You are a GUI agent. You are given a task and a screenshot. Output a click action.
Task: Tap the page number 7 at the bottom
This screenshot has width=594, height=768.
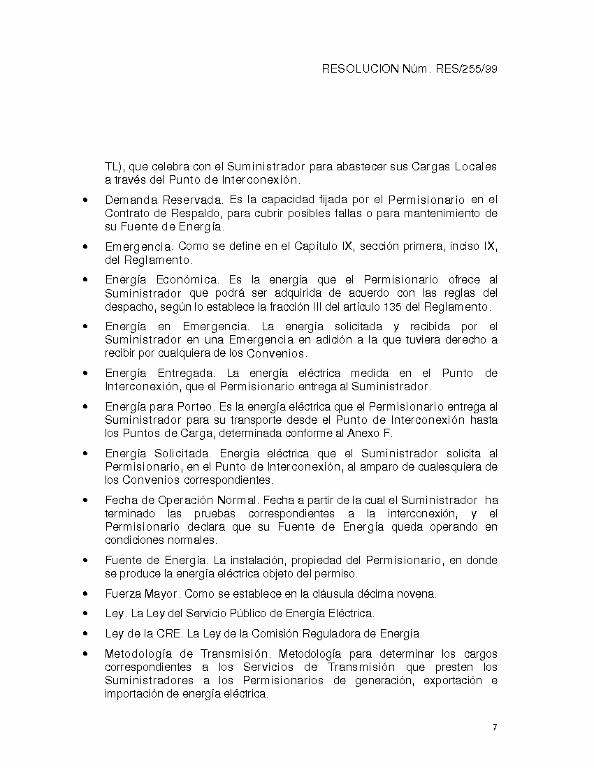495,728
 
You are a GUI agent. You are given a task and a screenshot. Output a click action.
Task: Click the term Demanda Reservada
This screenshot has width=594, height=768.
143,200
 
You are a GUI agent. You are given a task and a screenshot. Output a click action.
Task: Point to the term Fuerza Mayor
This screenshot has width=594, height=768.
143,593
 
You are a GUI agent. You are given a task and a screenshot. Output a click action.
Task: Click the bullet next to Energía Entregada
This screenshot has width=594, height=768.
85,374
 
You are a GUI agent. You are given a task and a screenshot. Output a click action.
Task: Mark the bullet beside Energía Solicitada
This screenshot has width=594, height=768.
85,454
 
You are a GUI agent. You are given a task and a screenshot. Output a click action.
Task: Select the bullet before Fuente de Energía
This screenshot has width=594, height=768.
85,561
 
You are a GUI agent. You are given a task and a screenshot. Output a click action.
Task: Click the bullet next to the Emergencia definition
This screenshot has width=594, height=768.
85,247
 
